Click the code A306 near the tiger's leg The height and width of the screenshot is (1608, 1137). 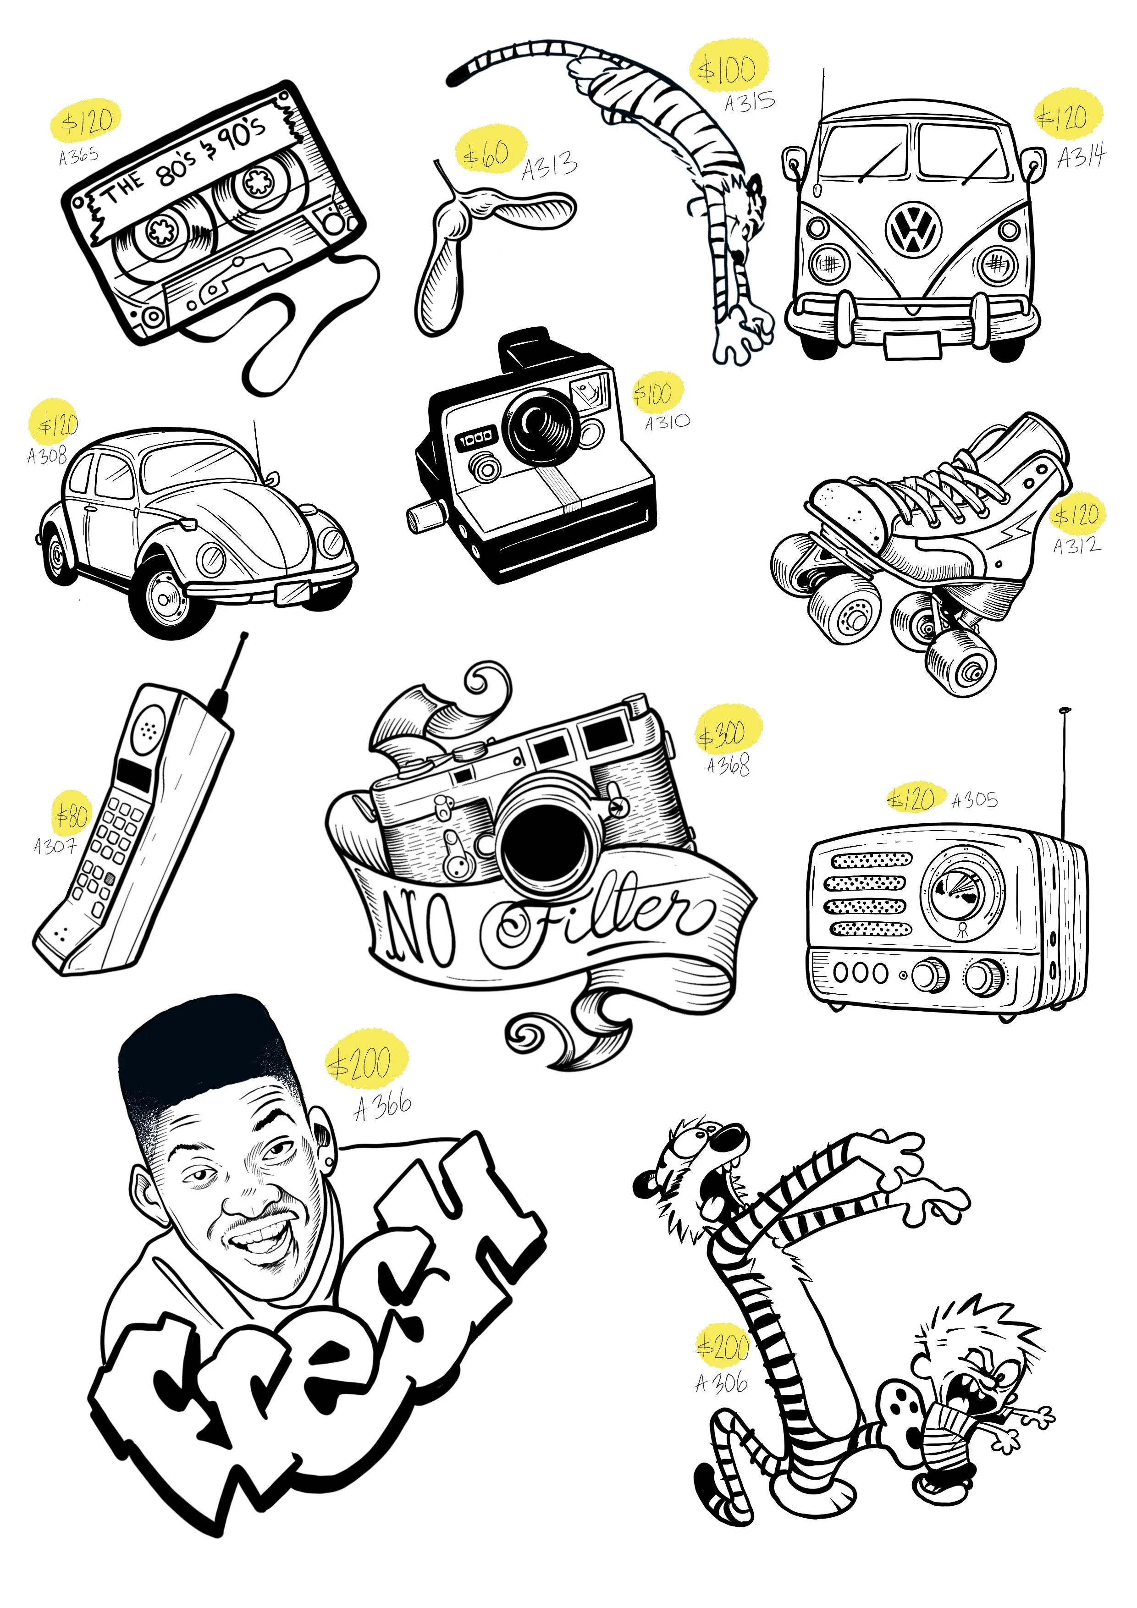[x=722, y=1383]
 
